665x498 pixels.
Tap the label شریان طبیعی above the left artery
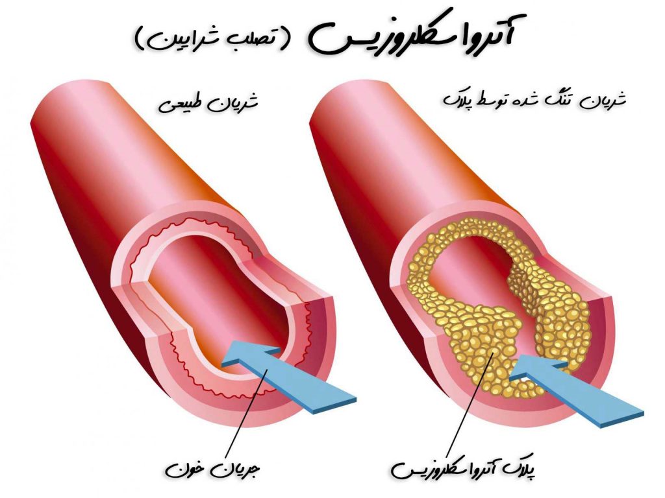208,103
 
